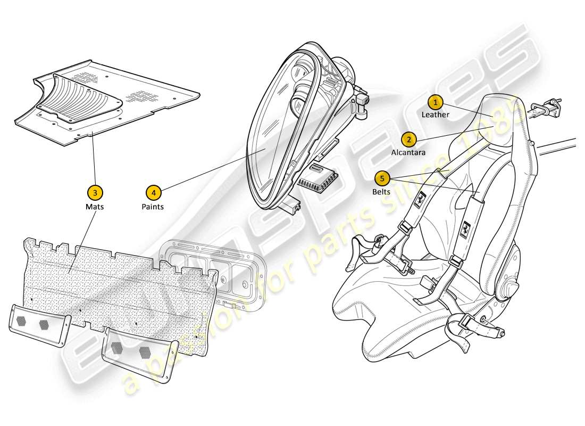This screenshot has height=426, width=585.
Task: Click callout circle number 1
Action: (x=436, y=101)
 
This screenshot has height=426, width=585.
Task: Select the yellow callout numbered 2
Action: (x=408, y=140)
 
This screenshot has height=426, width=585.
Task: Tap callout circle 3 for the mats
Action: (x=95, y=192)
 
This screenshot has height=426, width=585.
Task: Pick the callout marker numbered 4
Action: (x=153, y=192)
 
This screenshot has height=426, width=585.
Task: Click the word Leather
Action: (x=436, y=114)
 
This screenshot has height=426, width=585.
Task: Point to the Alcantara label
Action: (x=408, y=152)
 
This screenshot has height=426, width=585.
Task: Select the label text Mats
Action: (x=95, y=206)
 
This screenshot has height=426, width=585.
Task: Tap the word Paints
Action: (x=153, y=206)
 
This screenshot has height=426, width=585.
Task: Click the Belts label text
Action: (x=381, y=192)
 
